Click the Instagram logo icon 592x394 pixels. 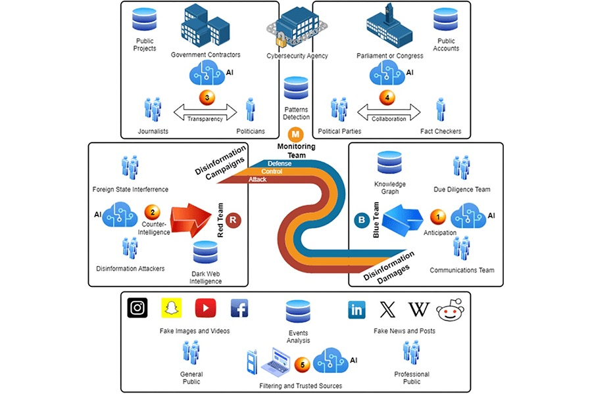[x=137, y=308]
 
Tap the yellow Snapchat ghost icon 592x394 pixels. [x=171, y=308]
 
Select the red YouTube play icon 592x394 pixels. [x=206, y=308]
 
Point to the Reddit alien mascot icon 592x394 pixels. [x=451, y=309]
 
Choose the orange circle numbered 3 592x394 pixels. [x=207, y=98]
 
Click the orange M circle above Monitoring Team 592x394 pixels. [x=295, y=134]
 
